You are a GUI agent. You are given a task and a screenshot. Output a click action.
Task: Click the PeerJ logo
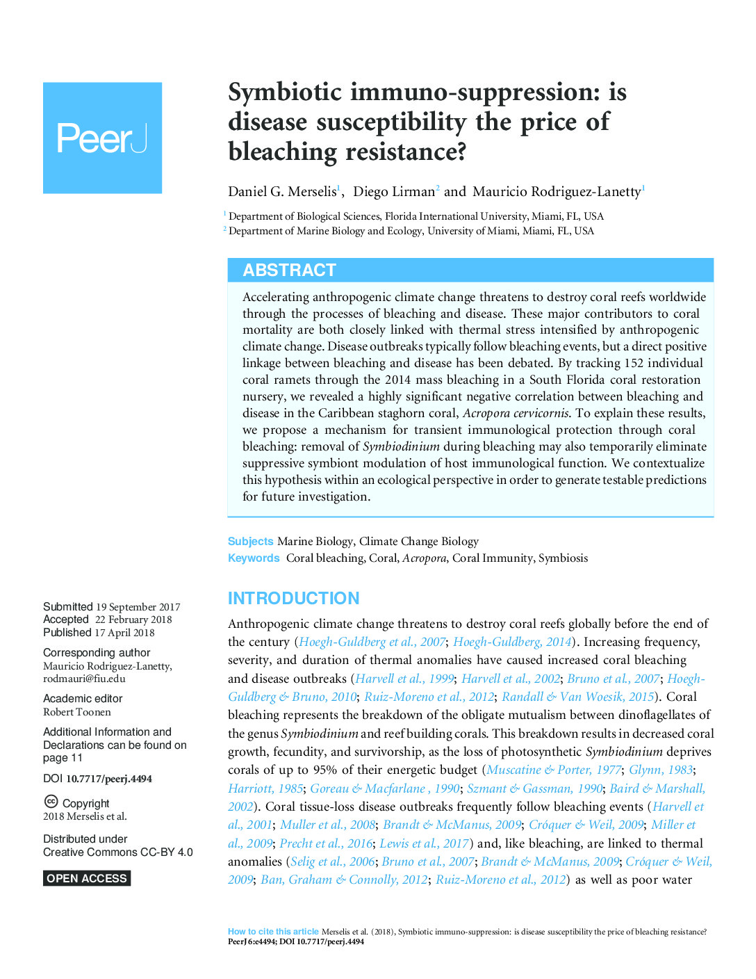pos(102,138)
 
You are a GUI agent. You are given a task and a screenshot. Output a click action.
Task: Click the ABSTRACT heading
pos(289,270)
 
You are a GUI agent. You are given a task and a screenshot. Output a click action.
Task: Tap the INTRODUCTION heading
pos(293,599)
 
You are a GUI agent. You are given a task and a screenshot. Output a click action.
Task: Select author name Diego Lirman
pos(394,192)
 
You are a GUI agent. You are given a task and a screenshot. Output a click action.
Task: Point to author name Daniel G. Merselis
pos(282,192)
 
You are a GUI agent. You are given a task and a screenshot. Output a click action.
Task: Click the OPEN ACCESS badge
pos(87,878)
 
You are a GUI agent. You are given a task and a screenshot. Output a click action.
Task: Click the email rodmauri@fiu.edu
pos(84,679)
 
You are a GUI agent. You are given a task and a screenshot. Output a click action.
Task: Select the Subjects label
pos(250,542)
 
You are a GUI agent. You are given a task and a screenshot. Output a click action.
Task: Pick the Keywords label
pos(254,558)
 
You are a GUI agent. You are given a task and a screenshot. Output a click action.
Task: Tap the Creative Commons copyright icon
pos(51,802)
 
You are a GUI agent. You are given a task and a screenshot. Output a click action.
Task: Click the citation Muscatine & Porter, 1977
pos(554,770)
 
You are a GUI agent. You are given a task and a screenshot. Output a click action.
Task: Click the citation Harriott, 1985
pos(265,788)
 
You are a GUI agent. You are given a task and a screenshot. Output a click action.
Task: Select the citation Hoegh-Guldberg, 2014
pos(512,642)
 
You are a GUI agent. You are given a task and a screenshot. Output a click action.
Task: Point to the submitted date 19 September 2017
pos(138,607)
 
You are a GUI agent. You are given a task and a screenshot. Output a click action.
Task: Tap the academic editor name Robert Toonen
pos(77,712)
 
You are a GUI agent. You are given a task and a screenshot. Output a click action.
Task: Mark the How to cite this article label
pos(273,932)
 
